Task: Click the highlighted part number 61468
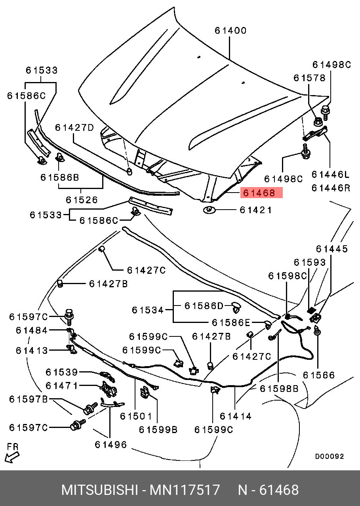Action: tap(259, 193)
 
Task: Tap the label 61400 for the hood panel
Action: tap(230, 31)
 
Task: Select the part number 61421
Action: tap(256, 210)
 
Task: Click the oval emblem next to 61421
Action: tap(209, 210)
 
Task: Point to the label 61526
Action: tap(82, 200)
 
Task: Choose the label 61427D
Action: tap(74, 128)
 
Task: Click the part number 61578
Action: tap(309, 78)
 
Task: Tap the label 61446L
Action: tap(331, 174)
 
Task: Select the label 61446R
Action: tap(331, 188)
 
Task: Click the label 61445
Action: tap(332, 249)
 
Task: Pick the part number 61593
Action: tap(310, 262)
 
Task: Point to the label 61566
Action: tap(319, 375)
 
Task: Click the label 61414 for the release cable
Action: tap(236, 416)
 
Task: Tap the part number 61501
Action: tap(136, 416)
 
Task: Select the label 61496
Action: tap(111, 445)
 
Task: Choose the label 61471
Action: tap(61, 386)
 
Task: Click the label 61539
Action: tap(61, 372)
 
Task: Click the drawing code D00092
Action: tap(330, 456)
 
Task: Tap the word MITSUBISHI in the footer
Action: tap(99, 490)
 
